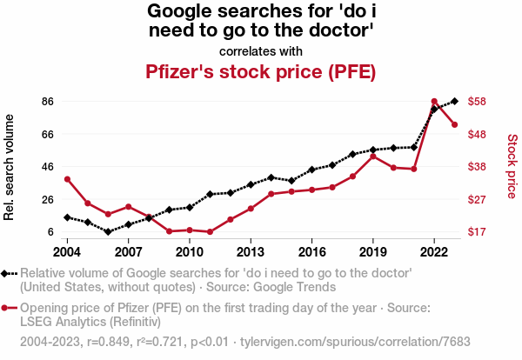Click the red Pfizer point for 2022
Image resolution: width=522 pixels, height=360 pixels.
(434, 102)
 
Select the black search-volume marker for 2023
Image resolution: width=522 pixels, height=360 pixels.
(455, 101)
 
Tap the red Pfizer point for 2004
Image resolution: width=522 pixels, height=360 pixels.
(67, 179)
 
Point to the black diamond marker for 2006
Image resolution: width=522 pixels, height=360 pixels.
(108, 232)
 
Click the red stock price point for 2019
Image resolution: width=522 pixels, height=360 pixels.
(373, 157)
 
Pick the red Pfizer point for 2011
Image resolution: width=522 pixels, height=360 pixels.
(210, 232)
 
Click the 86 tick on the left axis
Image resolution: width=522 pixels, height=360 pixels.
(48, 102)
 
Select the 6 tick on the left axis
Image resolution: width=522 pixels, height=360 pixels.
(50, 232)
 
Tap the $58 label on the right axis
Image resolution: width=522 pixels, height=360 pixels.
(477, 102)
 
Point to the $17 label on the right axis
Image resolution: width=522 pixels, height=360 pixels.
(477, 232)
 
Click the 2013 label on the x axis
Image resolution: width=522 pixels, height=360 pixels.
(251, 252)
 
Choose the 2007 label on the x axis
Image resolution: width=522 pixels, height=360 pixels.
(128, 252)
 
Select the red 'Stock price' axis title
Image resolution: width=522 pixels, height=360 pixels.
(512, 164)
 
